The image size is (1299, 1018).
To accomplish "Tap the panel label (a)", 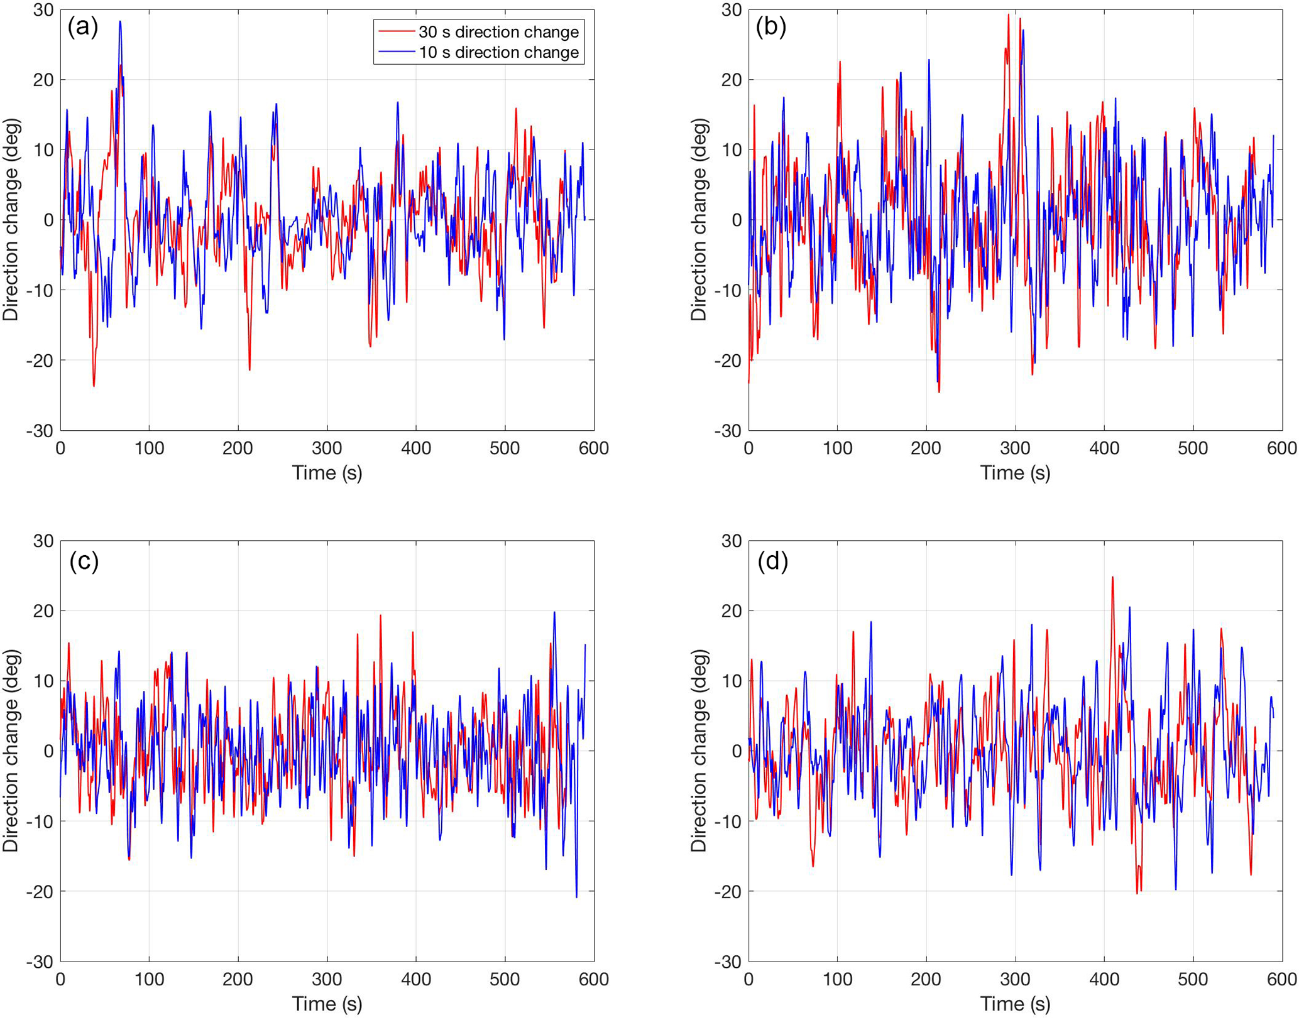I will tap(83, 27).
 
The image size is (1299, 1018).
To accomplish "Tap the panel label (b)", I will tap(771, 27).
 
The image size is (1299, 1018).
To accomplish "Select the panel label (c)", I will tap(84, 561).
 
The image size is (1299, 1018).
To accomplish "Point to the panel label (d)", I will tap(772, 561).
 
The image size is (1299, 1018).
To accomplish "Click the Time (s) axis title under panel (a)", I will tap(327, 473).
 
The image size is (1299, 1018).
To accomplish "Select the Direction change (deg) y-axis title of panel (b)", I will tap(699, 220).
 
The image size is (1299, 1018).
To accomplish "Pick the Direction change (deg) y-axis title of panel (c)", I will tap(11, 750).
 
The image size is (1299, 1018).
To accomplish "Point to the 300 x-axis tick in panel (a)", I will tap(327, 448).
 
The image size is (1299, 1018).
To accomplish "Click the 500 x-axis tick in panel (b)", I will tap(1193, 448).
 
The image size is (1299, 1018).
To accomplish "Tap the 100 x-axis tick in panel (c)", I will tap(149, 979).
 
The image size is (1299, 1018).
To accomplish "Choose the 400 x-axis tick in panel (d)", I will tap(1104, 979).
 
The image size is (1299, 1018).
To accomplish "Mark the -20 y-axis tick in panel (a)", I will tap(40, 360).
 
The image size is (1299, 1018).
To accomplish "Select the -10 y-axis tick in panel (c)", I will tap(40, 821).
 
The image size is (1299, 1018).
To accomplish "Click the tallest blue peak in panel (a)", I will tap(120, 21).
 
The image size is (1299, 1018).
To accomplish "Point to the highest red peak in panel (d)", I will tap(1112, 577).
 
